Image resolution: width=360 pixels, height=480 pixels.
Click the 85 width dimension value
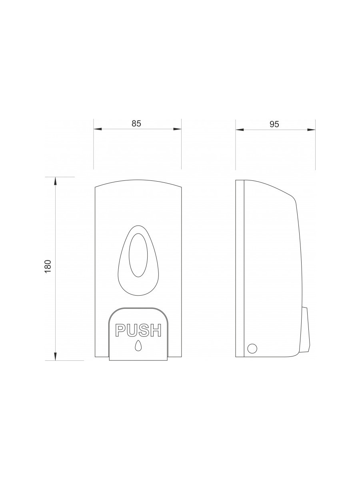click(x=136, y=124)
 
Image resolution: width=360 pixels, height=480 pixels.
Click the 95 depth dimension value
click(x=274, y=124)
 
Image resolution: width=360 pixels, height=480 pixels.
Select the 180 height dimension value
click(x=48, y=266)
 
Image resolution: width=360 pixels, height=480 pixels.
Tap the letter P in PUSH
click(x=121, y=330)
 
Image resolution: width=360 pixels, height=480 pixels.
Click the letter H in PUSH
click(x=156, y=330)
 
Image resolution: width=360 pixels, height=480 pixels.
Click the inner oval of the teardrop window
click(x=138, y=255)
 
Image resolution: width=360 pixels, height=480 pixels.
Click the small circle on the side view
click(x=252, y=348)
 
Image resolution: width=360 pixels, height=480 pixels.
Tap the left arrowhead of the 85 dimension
click(x=98, y=129)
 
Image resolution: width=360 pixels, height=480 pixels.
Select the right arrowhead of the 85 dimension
click(x=177, y=129)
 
